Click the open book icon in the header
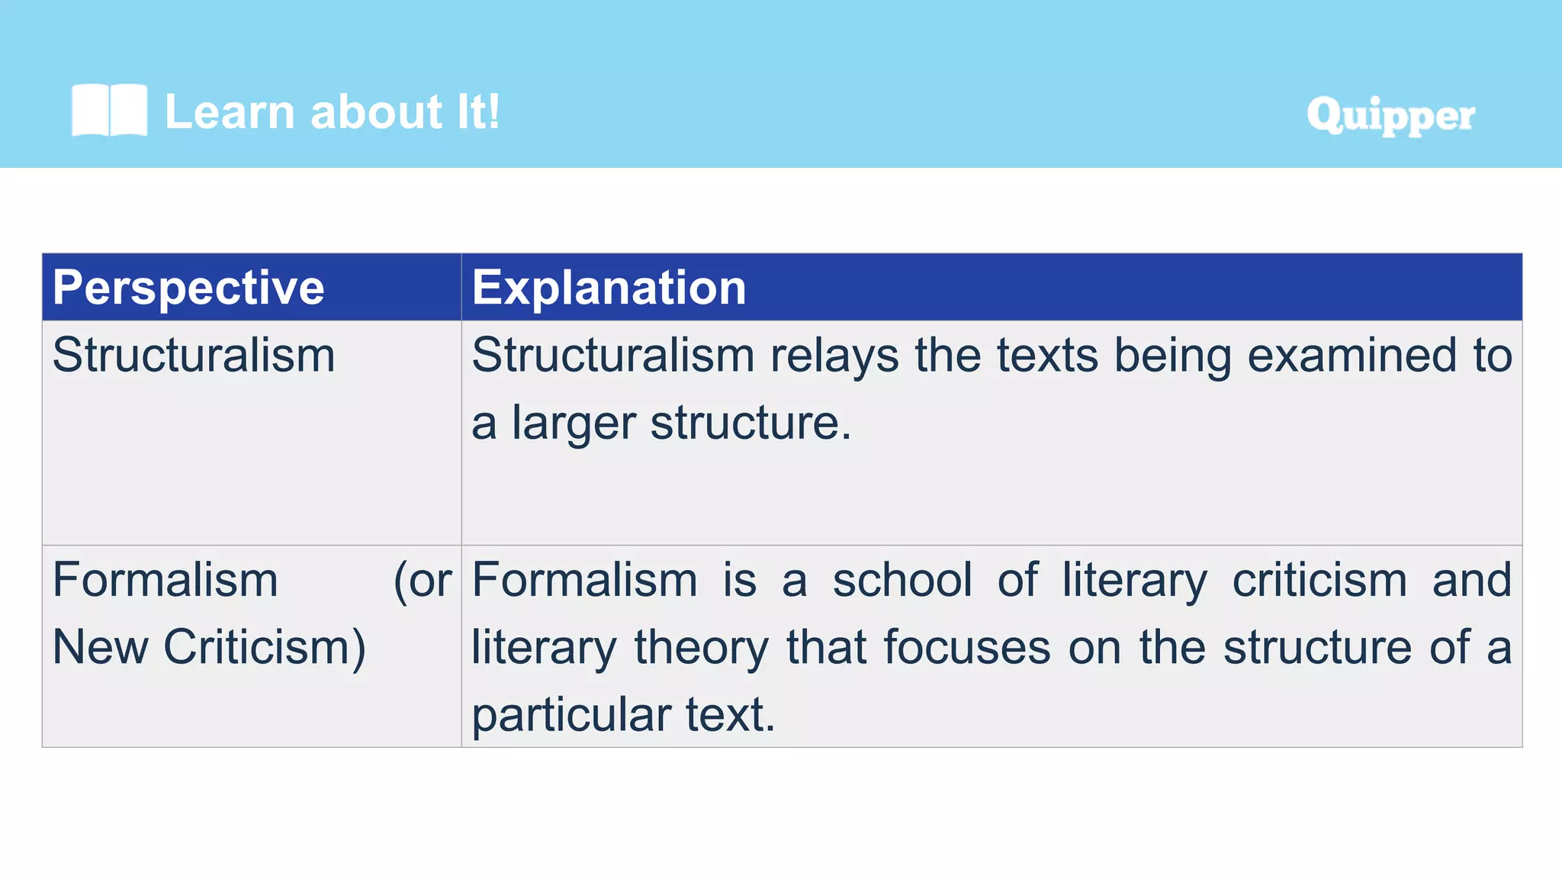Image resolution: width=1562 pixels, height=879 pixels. (x=109, y=111)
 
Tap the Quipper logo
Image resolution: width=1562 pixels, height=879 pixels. (x=1390, y=115)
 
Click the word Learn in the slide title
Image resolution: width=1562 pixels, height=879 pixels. (x=229, y=112)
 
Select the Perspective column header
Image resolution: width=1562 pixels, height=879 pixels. (x=188, y=288)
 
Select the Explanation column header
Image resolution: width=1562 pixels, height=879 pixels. (x=609, y=288)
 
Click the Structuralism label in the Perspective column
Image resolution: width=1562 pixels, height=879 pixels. (x=194, y=356)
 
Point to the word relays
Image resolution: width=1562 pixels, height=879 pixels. (x=834, y=357)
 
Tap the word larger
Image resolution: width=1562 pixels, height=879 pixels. (x=574, y=423)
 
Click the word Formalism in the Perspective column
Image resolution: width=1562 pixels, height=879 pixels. (x=165, y=580)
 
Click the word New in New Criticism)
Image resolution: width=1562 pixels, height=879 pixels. (x=100, y=647)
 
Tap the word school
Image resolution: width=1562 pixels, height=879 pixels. (x=902, y=580)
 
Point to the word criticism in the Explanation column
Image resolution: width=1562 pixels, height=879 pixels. (x=1319, y=580)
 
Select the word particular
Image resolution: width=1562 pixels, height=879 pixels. (x=570, y=716)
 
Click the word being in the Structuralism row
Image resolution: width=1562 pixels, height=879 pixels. (x=1172, y=357)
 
